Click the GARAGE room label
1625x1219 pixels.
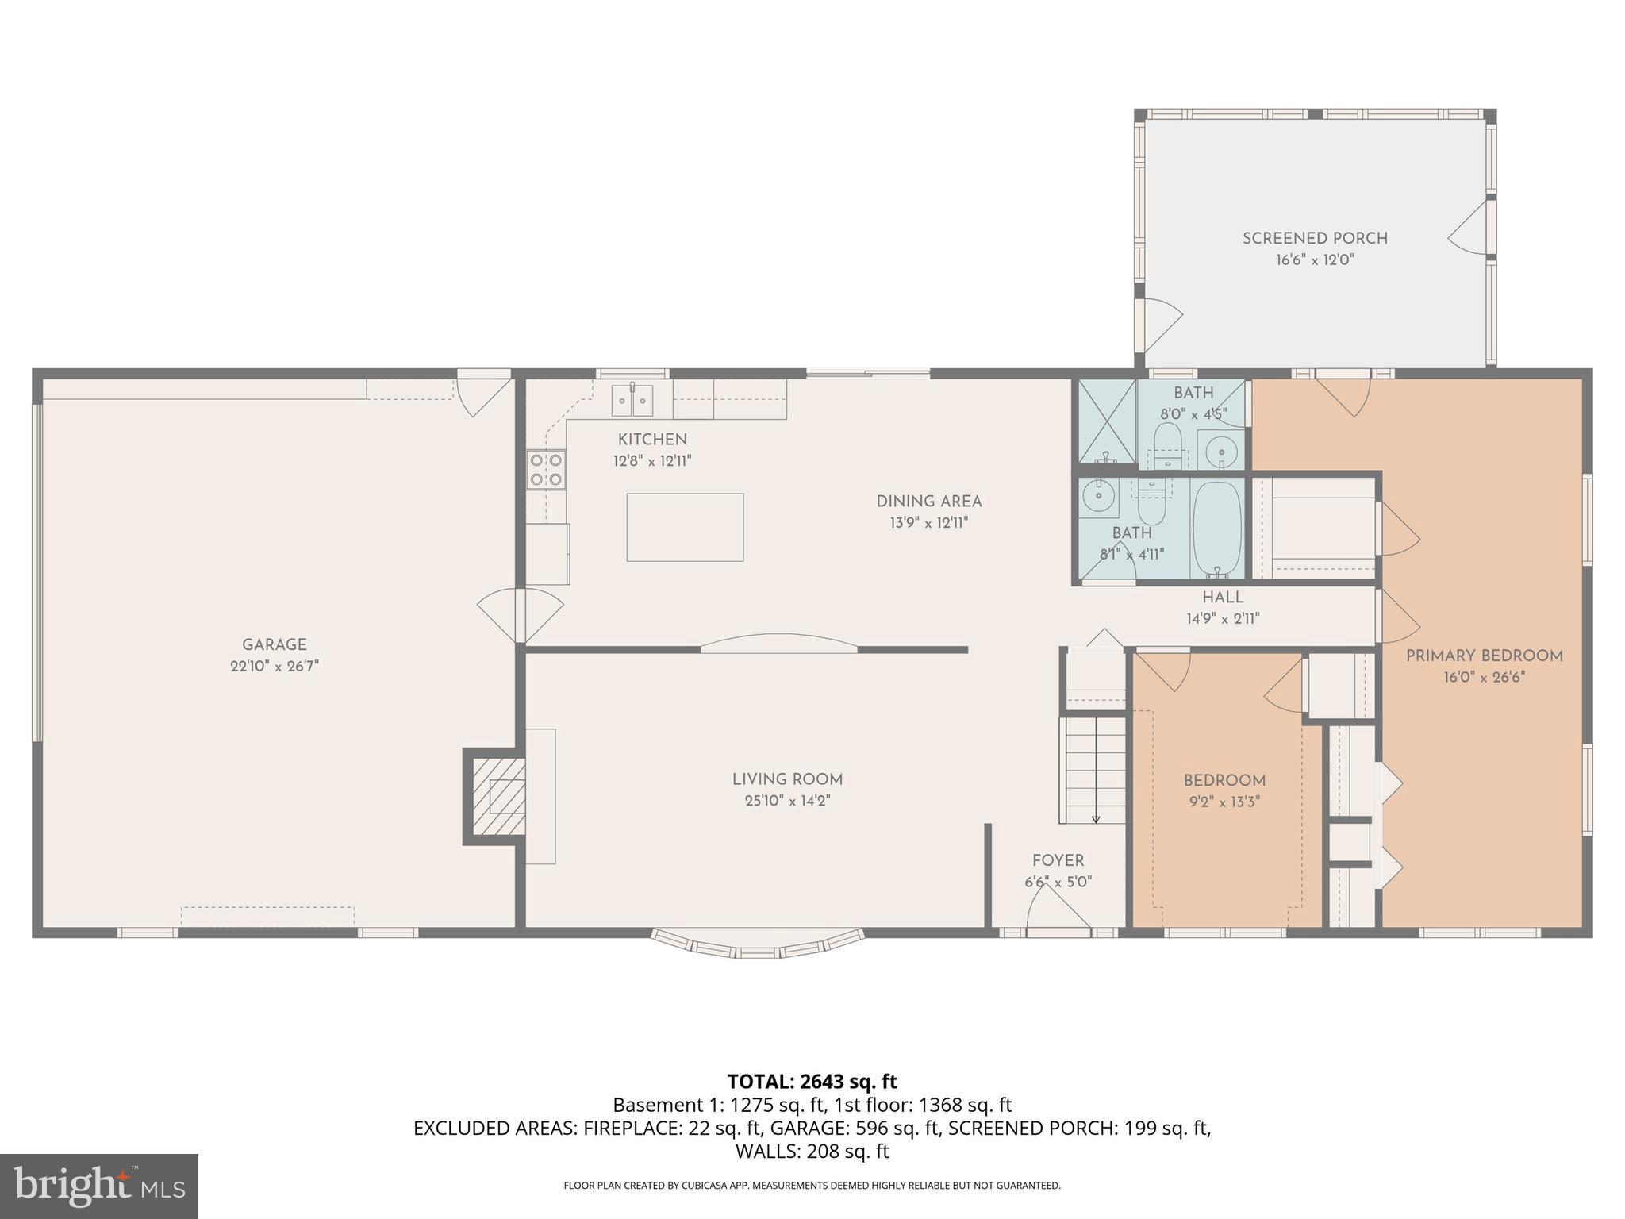click(x=274, y=645)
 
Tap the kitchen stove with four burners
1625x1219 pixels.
click(x=546, y=469)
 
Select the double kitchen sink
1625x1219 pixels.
click(x=632, y=401)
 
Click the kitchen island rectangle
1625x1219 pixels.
click(x=685, y=527)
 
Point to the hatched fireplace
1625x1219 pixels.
click(x=499, y=796)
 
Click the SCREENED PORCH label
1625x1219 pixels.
click(x=1315, y=238)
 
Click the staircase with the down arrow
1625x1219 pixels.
click(x=1095, y=770)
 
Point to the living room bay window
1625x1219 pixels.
click(x=758, y=944)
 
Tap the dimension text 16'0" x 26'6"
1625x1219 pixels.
click(x=1484, y=678)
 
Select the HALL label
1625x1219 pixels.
click(x=1223, y=598)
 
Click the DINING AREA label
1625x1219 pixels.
click(x=928, y=502)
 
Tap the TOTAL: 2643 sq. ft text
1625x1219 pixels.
click(x=812, y=1082)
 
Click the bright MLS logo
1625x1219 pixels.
click(x=99, y=1186)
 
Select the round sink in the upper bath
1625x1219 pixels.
click(x=1220, y=452)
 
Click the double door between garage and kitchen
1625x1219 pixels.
click(x=520, y=615)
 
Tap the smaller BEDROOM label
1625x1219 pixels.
click(x=1224, y=781)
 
